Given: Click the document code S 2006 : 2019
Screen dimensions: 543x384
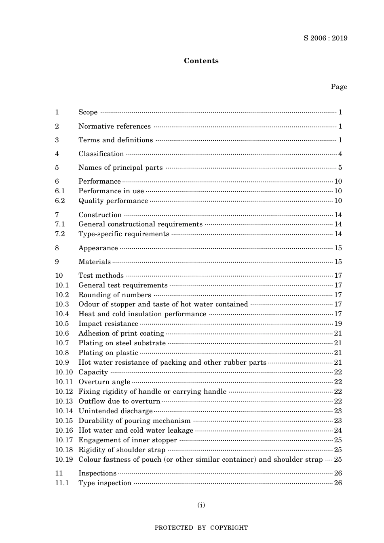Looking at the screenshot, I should (x=325, y=38).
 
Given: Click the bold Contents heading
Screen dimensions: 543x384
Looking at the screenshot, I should (x=201, y=61).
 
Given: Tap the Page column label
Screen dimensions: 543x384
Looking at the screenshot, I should (x=339, y=87).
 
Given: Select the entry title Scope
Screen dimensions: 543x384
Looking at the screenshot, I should (x=88, y=112).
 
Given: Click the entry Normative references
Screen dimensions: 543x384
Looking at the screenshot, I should (x=114, y=127).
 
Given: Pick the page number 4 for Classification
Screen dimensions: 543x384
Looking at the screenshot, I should (x=340, y=154).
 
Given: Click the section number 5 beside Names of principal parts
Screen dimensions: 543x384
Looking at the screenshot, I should (x=57, y=168).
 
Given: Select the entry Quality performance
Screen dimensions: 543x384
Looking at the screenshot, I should (x=113, y=201).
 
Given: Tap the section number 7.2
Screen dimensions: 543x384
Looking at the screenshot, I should (x=60, y=234).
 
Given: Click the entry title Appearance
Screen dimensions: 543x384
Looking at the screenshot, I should (x=98, y=248).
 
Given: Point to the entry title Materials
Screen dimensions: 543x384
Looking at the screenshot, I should (x=95, y=262).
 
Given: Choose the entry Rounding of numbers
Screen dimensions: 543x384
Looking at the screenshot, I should (x=115, y=295).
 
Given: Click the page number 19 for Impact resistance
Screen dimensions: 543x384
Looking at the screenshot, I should (x=338, y=324).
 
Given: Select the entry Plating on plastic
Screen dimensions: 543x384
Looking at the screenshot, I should (x=108, y=353).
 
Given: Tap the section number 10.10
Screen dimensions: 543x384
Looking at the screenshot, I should (x=64, y=372).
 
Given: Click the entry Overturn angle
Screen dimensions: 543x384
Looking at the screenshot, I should (x=104, y=382).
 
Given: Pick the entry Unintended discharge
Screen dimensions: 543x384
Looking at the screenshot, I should (x=116, y=411).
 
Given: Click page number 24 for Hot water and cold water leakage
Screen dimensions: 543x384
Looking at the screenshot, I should (x=338, y=431).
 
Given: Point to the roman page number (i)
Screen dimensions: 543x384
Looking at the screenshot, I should (x=201, y=505).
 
